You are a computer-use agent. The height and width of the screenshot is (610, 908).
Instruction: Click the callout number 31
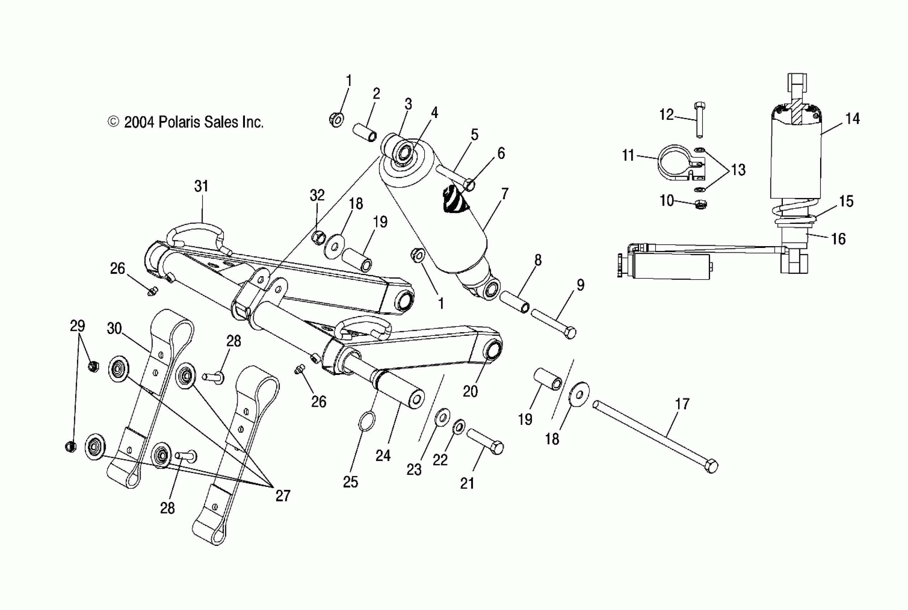[201, 186]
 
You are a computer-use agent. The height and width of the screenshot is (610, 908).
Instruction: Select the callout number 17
[682, 404]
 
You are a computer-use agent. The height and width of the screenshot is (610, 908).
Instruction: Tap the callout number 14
[852, 119]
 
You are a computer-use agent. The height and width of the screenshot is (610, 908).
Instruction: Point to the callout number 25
[350, 482]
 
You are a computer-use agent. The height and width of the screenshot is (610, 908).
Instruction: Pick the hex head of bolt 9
[570, 333]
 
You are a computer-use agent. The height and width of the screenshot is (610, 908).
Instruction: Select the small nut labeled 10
[700, 204]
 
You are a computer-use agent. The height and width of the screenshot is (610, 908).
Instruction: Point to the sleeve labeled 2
[365, 132]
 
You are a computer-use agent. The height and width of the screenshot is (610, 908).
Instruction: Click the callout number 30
[114, 329]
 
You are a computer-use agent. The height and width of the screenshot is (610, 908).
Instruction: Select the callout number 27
[283, 496]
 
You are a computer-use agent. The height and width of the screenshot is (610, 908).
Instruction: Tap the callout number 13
[738, 170]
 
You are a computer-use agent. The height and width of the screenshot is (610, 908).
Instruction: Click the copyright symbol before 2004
[113, 122]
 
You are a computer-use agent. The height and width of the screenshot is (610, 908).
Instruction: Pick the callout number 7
[505, 194]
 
